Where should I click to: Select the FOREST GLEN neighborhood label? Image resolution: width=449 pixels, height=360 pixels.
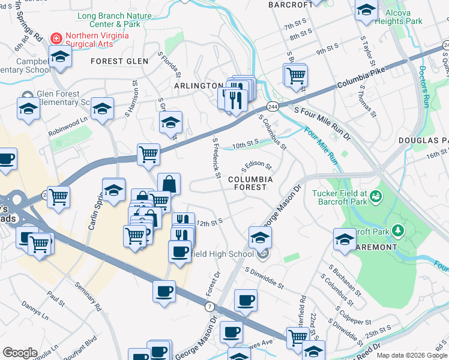tap(119, 61)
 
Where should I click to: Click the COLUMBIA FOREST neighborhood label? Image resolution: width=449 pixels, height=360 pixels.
tap(250, 183)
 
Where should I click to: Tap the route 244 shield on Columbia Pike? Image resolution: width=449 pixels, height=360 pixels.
tap(273, 106)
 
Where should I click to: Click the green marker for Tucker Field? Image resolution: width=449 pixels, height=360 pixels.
tap(376, 196)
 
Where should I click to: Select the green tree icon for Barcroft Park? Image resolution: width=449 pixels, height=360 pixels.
tap(396, 230)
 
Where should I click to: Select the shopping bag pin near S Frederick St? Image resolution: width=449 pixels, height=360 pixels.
tap(169, 184)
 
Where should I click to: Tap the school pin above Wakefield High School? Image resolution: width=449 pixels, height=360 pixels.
tap(259, 236)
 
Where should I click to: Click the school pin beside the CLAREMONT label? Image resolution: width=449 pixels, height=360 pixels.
tap(345, 238)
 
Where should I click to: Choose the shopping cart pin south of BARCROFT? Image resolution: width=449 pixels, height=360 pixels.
tap(295, 75)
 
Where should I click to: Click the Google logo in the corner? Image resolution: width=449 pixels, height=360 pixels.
tap(20, 353)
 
